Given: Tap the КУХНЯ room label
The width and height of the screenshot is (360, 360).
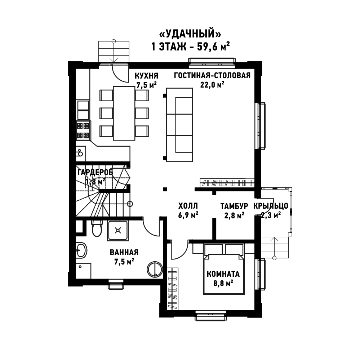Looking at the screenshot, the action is coord(146,76).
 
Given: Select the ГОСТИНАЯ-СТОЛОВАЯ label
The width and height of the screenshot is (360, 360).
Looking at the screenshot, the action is coord(212,75).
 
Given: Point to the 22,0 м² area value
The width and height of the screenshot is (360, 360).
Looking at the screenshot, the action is coord(212,85).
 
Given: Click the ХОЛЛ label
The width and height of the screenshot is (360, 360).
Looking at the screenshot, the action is coord(188,206).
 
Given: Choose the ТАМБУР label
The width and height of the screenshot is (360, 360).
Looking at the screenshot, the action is coord(234,206).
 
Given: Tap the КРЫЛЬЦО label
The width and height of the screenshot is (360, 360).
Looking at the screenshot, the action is coord(271,206).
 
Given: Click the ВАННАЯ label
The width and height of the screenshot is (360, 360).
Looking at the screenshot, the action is coord(124,252).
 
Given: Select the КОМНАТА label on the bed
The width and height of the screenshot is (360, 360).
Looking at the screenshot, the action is coord(223,274).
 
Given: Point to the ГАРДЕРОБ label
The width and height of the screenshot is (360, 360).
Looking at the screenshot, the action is coord(95,172).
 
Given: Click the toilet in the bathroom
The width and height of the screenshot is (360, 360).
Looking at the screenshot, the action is coord(97,228).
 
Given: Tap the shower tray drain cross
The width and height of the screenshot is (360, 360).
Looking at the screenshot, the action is coord(118,230).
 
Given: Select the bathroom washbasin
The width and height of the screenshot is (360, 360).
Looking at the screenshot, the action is coord(81,250).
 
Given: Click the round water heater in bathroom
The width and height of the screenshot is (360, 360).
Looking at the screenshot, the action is coord(155,270).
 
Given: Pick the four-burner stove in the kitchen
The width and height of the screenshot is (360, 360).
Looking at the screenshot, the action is coord(83,131).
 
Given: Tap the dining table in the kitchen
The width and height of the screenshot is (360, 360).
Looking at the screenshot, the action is coord(124,113).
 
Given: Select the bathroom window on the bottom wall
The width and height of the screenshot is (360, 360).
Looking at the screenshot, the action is coord(116,284).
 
